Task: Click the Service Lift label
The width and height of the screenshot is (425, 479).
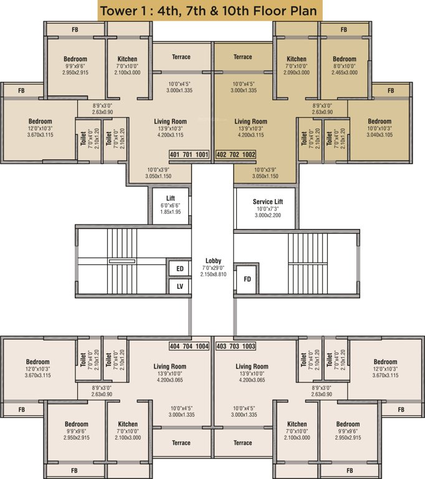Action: [x=269, y=202]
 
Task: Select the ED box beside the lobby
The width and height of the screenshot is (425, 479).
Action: [x=179, y=269]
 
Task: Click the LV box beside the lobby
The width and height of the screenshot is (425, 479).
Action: [x=179, y=286]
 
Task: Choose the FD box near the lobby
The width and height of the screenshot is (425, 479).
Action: [x=247, y=279]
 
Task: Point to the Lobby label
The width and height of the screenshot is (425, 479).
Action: [x=213, y=261]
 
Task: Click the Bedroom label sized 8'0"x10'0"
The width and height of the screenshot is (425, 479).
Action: [x=344, y=59]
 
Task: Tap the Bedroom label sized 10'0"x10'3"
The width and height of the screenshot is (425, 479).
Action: [x=380, y=122]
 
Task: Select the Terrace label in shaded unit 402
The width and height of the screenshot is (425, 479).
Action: [x=242, y=57]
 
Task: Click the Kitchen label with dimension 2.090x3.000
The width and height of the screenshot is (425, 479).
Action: [x=297, y=59]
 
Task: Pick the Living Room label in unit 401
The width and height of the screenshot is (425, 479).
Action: [x=170, y=122]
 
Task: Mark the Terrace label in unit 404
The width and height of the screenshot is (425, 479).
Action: [x=181, y=443]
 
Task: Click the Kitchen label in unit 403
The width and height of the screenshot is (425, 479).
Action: [x=297, y=424]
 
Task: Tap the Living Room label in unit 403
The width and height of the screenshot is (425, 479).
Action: [x=252, y=367]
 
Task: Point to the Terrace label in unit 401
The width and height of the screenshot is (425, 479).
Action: [x=181, y=57]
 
